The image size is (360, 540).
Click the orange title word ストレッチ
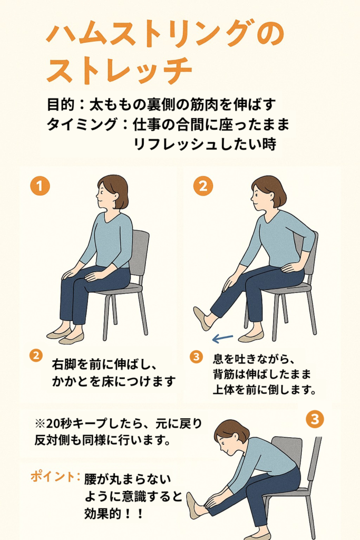click(x=119, y=71)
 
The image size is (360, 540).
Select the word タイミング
click(x=82, y=124)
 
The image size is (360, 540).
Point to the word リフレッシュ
click(x=175, y=144)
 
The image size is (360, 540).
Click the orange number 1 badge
click(x=40, y=186)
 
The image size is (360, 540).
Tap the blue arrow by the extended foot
click(x=222, y=339)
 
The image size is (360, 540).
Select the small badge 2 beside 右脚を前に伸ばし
click(x=36, y=355)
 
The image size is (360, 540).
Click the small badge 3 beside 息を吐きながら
click(x=196, y=356)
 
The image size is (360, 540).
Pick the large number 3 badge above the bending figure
click(x=315, y=419)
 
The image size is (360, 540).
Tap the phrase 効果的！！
click(x=113, y=514)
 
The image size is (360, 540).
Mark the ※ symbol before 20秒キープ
click(x=40, y=423)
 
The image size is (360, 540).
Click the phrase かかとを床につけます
click(x=113, y=382)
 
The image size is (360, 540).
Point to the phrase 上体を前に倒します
click(x=264, y=390)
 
